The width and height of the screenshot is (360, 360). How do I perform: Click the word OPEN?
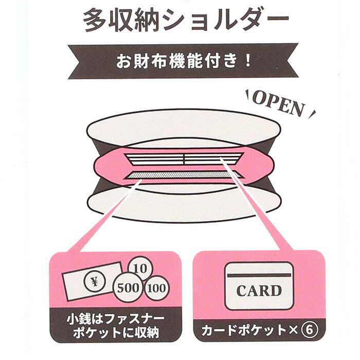click(279, 104)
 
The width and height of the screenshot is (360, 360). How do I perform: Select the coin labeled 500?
click(128, 287)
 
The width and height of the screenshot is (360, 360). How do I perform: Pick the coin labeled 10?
click(140, 268)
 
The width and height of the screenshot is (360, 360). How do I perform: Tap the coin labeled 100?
click(156, 288)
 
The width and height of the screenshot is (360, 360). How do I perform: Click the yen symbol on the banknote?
click(94, 281)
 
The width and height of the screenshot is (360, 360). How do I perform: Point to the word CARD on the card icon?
click(259, 291)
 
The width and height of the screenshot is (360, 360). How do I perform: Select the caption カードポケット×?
click(249, 330)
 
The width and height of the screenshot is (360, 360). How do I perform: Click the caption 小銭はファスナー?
click(116, 319)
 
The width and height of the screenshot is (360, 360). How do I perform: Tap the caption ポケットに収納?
click(116, 332)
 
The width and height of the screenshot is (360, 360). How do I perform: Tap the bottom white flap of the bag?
click(184, 204)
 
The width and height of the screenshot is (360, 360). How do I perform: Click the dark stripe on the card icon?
click(259, 275)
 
